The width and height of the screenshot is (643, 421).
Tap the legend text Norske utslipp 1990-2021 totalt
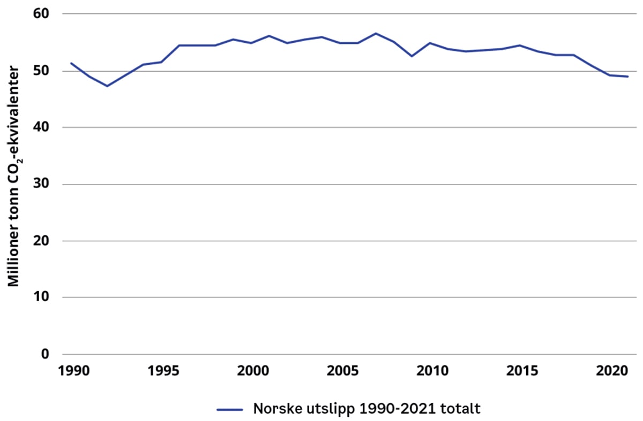click(x=367, y=409)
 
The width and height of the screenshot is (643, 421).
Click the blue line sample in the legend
click(x=231, y=410)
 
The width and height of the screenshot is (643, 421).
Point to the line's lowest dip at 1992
click(x=107, y=86)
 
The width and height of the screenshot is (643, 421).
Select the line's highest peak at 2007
click(x=376, y=33)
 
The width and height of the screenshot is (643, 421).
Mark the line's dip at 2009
click(x=412, y=56)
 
